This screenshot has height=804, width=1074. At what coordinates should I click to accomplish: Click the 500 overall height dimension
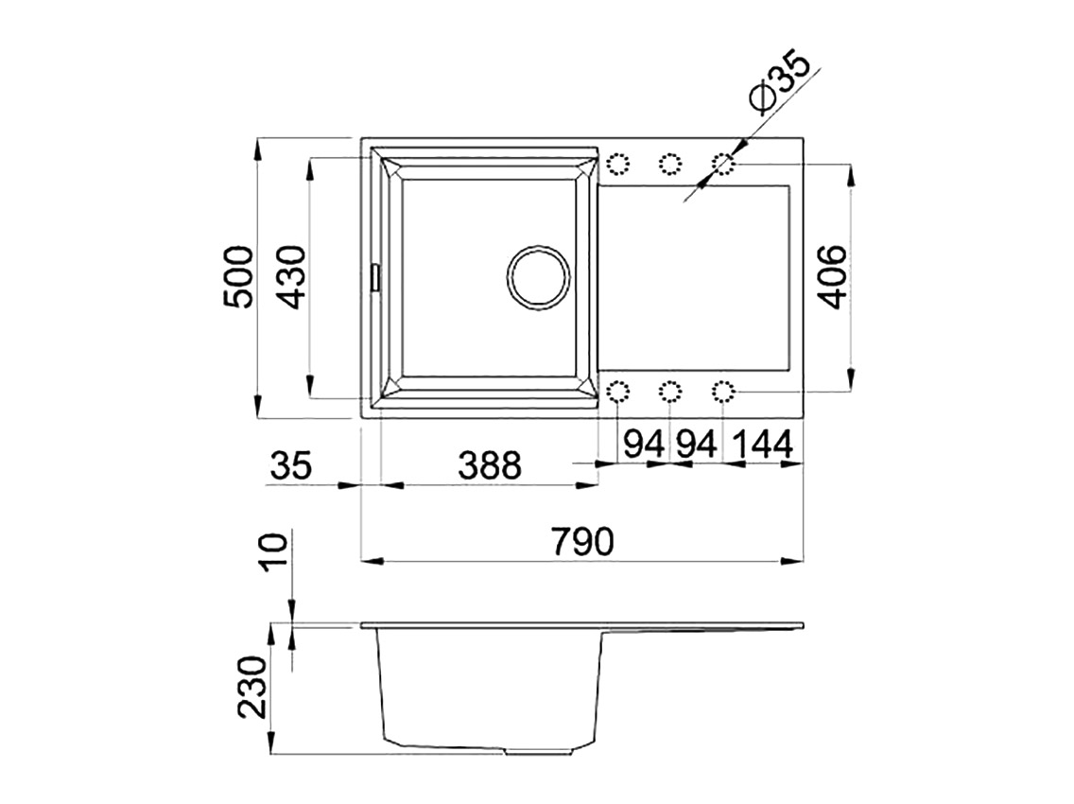(239, 277)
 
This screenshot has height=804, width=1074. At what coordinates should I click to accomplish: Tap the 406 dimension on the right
(832, 277)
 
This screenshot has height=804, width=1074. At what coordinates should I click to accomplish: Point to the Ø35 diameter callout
(780, 79)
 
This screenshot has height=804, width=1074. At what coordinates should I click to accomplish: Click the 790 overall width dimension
(583, 542)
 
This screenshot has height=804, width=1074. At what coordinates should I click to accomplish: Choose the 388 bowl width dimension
(490, 465)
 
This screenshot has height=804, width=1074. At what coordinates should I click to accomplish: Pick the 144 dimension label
(763, 445)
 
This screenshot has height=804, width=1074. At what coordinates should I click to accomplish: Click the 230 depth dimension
(252, 688)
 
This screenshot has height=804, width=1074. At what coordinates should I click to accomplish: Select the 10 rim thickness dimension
(275, 551)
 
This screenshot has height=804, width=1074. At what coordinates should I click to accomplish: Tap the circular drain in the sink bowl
(538, 277)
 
